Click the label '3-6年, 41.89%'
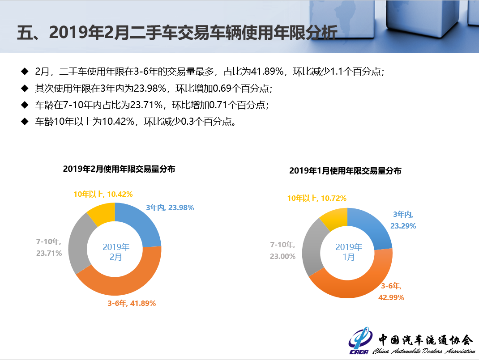pos(132,303)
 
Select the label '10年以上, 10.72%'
pos(316,198)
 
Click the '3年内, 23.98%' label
pos(170,208)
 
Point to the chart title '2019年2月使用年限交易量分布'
pos(119,169)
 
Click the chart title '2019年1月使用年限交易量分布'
pos(345,171)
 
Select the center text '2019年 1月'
pos(349,252)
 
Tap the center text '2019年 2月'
pos(116,252)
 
